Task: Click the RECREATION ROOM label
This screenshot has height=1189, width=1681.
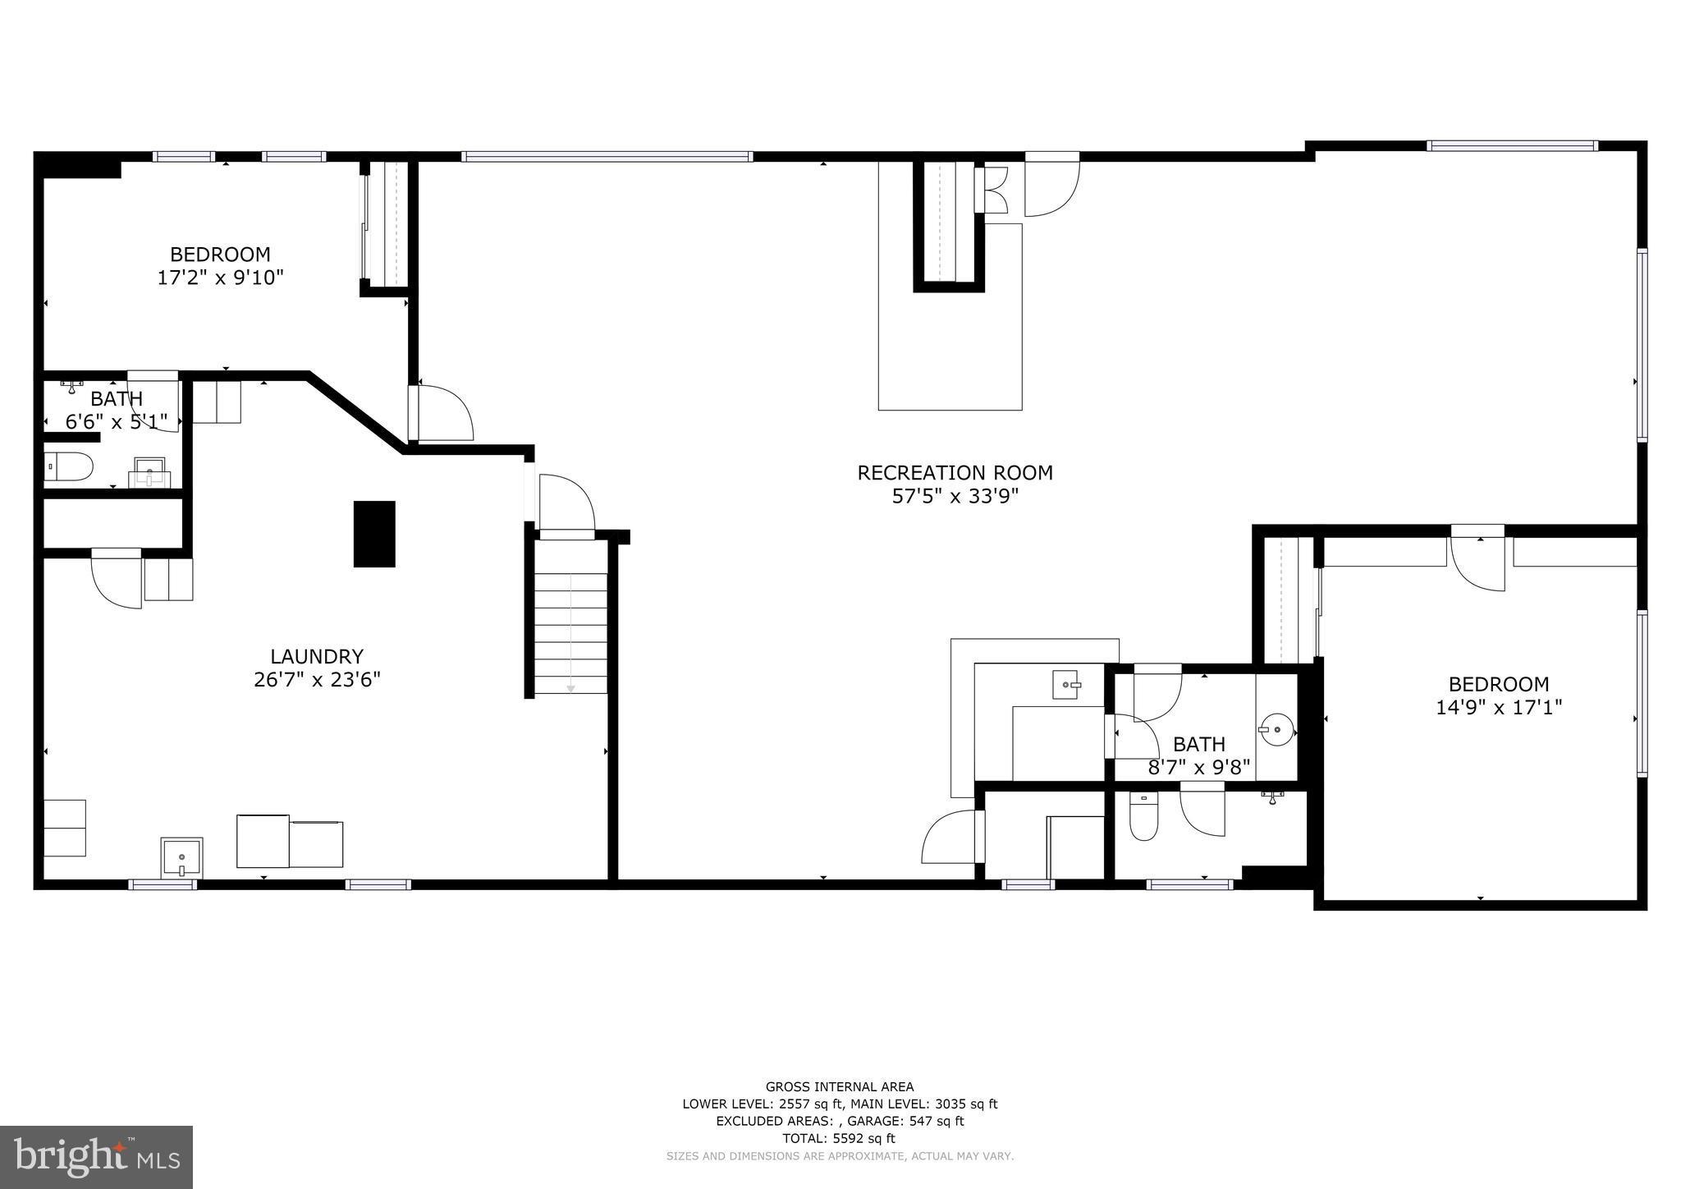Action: coord(955,473)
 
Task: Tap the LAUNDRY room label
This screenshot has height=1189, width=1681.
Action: coord(317,657)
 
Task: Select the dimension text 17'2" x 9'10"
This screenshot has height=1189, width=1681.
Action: coord(220,278)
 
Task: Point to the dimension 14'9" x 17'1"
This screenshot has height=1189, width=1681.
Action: coord(1498,707)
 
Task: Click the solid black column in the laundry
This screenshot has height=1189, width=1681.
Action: coord(374,534)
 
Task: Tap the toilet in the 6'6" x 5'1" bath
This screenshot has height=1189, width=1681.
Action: coord(68,466)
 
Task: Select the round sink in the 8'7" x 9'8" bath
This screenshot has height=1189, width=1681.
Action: coord(1276,728)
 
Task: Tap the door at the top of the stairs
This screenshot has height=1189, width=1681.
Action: coord(566,505)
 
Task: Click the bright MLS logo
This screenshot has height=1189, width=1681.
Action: coord(96,1158)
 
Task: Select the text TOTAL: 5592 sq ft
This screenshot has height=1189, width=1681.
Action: coord(839,1138)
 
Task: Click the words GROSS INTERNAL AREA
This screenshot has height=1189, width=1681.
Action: coord(839,1086)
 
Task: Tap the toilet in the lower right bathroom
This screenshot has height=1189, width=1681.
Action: coord(1143,818)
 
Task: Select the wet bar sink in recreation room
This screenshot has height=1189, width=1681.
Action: coord(1066,684)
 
